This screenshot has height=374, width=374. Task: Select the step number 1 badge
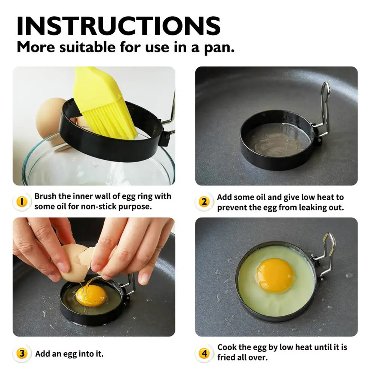click(21, 202)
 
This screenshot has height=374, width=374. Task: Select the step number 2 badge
click(204, 202)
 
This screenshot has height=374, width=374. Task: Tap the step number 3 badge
click(21, 353)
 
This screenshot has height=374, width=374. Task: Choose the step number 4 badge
click(204, 353)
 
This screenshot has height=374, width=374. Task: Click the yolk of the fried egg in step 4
click(275, 275)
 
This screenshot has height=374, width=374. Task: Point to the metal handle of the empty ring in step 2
click(324, 108)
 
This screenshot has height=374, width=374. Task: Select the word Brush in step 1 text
click(46, 196)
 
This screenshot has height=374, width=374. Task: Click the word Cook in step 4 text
click(227, 347)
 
